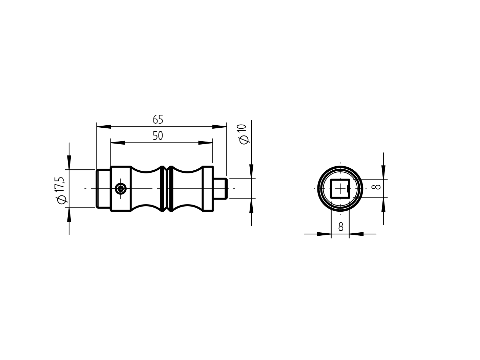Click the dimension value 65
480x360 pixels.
pos(158,120)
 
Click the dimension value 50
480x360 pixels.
pos(158,136)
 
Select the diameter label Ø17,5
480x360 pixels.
pos(61,190)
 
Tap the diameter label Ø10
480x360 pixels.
pos(244,134)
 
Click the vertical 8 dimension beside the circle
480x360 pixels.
pos(376,187)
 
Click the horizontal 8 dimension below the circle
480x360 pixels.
pos(341,227)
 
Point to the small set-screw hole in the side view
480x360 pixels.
pos(121,189)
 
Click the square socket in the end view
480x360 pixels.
pos(339,189)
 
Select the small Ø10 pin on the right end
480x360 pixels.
pos(220,188)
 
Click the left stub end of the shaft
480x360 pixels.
pos(103,189)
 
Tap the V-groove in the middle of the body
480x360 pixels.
pos(166,189)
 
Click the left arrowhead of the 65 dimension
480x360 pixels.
pos(104,127)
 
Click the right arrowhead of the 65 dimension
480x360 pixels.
pos(220,127)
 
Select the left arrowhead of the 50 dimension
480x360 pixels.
pos(118,143)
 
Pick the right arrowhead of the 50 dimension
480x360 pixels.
pos(206,143)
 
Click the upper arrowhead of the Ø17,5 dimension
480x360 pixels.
pos(69,162)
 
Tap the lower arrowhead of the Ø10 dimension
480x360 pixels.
pos(251,206)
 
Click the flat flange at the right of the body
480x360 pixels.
pos(208,189)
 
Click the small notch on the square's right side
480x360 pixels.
pos(348,188)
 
